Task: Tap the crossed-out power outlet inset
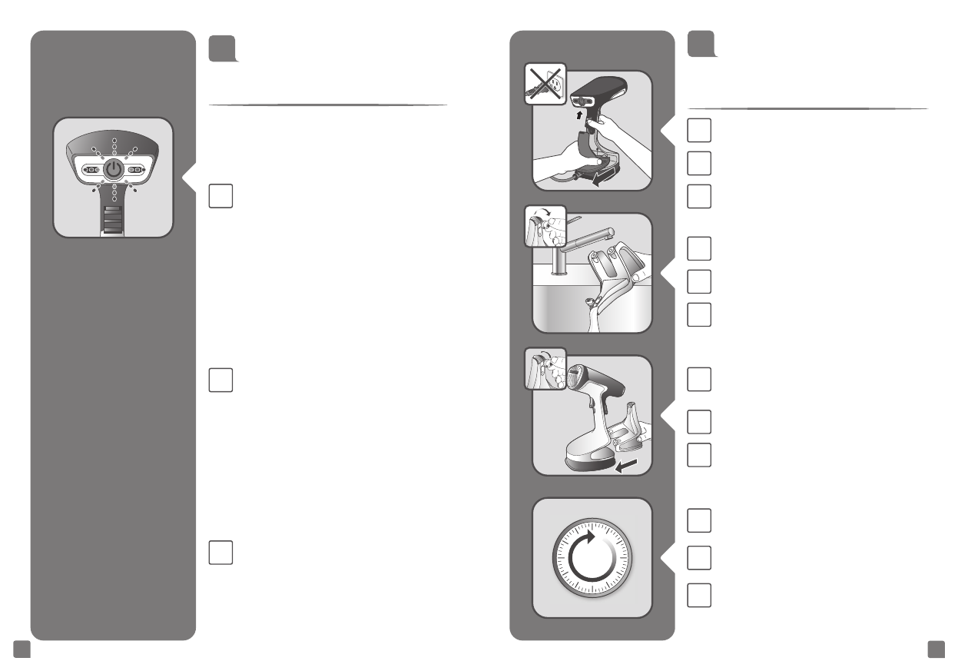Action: pos(545,83)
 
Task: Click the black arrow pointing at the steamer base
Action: pos(628,464)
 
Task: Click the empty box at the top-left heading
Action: pos(224,47)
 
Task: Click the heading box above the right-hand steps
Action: pos(703,44)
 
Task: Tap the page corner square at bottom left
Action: pos(22,650)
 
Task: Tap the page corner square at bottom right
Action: pos(936,650)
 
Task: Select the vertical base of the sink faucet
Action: pos(559,266)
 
